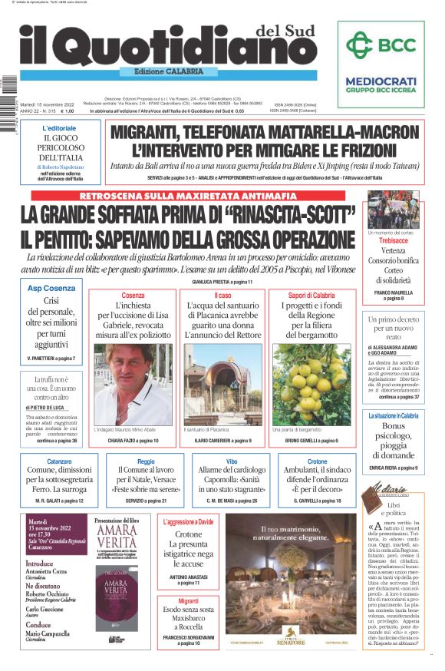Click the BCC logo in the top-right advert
click(x=380, y=45)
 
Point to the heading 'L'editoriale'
click(x=59, y=128)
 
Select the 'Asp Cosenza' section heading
click(x=51, y=287)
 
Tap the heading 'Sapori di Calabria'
click(x=311, y=296)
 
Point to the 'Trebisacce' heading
click(x=394, y=240)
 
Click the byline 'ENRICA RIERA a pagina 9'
click(x=394, y=467)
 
